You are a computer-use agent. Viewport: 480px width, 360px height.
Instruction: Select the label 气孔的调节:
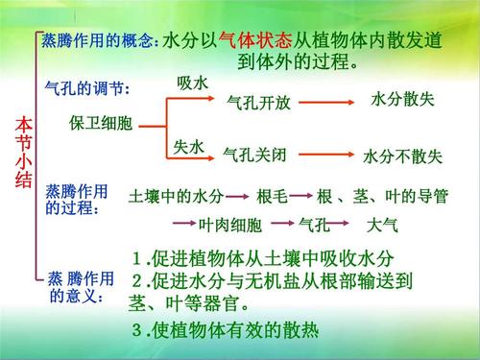[87, 88]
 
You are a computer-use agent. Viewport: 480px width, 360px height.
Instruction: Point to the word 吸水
[192, 84]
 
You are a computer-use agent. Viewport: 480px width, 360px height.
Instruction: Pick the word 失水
[189, 146]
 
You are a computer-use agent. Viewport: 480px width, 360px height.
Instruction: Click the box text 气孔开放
[257, 102]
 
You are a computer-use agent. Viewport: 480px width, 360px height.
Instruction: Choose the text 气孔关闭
[254, 154]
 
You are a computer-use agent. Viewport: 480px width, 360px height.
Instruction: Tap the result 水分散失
[404, 100]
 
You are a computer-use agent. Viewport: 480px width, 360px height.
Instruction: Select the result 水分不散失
[402, 156]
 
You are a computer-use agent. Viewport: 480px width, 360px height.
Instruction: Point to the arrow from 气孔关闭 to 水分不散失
[325, 154]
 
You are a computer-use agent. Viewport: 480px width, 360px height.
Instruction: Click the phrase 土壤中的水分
[176, 198]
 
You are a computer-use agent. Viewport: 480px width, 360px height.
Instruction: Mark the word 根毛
[273, 198]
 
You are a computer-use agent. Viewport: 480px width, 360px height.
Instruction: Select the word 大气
[383, 226]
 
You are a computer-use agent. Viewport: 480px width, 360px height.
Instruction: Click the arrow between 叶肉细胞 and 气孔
[280, 227]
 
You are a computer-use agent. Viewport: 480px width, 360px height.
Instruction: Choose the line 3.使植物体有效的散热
[224, 331]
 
